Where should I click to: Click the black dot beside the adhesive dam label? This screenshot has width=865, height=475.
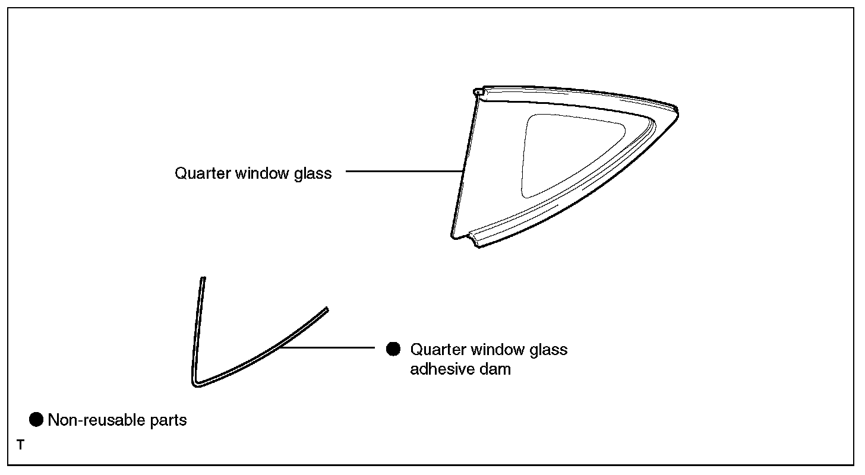[x=393, y=349]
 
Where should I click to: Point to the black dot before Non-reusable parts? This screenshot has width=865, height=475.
[x=36, y=420]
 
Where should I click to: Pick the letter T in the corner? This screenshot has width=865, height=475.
[x=21, y=444]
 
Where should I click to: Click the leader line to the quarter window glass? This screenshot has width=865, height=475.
[x=404, y=171]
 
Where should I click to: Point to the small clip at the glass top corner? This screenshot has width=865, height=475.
[x=478, y=92]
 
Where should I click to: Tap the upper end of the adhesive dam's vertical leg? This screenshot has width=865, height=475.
[x=203, y=279]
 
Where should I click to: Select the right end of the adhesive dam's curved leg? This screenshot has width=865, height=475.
[x=326, y=310]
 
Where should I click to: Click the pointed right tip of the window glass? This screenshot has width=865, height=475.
[x=677, y=111]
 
